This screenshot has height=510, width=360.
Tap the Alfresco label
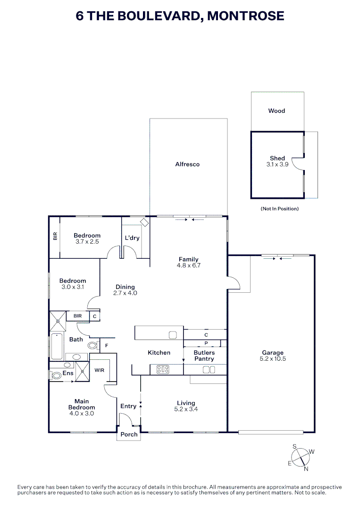point(187,164)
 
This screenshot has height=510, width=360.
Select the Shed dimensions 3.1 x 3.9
point(277,164)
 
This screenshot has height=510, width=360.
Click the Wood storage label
point(276,111)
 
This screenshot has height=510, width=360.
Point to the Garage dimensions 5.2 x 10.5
point(273,359)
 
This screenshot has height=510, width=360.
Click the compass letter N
point(306,469)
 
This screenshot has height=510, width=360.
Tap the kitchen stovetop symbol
point(163,370)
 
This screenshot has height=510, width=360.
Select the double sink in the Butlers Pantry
point(209,370)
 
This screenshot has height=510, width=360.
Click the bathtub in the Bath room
point(56,347)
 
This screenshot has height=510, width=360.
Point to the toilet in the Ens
point(56,375)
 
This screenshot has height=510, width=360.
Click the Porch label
point(129,434)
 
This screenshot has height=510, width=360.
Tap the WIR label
point(99,370)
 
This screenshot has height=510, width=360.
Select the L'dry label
point(132,238)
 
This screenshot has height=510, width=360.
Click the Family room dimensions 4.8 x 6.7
point(188,265)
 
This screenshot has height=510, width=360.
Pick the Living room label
point(186,403)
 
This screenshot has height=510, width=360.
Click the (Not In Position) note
point(279,208)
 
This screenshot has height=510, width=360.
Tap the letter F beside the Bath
point(107,346)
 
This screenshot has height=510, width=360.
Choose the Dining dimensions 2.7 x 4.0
point(125,293)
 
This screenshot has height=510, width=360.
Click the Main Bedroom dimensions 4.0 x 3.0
point(82,413)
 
